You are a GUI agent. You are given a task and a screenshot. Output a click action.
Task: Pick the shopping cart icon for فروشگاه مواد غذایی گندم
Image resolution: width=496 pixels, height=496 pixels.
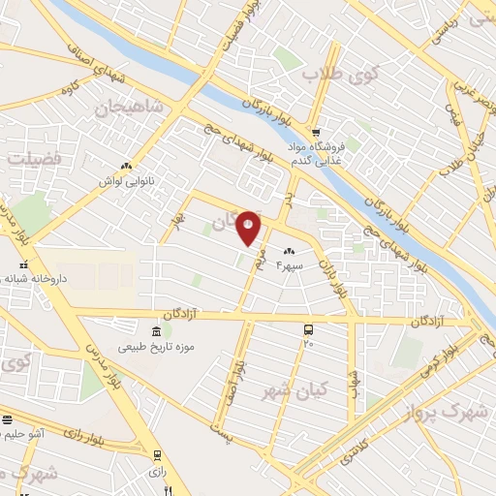coord(315,132)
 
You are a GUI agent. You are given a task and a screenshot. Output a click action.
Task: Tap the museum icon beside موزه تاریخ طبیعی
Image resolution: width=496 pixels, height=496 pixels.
coord(157,329)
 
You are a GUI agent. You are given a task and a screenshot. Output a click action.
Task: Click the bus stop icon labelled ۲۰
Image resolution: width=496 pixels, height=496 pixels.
coord(308,329)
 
